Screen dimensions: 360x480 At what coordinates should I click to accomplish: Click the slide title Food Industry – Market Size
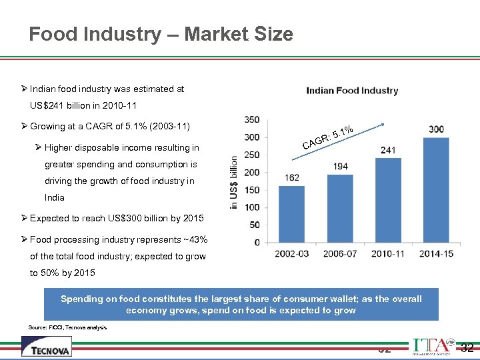161,34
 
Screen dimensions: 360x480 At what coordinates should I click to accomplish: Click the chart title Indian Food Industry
352,91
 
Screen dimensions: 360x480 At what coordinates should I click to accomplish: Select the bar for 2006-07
341,209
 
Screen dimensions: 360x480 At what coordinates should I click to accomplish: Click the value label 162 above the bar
292,178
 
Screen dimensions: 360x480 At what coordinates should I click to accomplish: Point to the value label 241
388,150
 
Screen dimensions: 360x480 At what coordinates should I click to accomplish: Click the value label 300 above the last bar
436,129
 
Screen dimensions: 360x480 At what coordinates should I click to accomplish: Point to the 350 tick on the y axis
252,120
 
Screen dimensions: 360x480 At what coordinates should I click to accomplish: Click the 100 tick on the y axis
252,207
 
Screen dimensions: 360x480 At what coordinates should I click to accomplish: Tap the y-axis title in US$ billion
234,182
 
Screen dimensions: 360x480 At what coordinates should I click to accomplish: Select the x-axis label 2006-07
341,253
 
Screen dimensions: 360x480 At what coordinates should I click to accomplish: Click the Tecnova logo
46,346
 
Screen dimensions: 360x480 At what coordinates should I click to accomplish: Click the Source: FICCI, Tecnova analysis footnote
67,327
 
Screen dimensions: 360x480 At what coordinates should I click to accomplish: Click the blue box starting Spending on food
241,305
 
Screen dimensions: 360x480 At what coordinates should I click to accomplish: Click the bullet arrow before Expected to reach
24,218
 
